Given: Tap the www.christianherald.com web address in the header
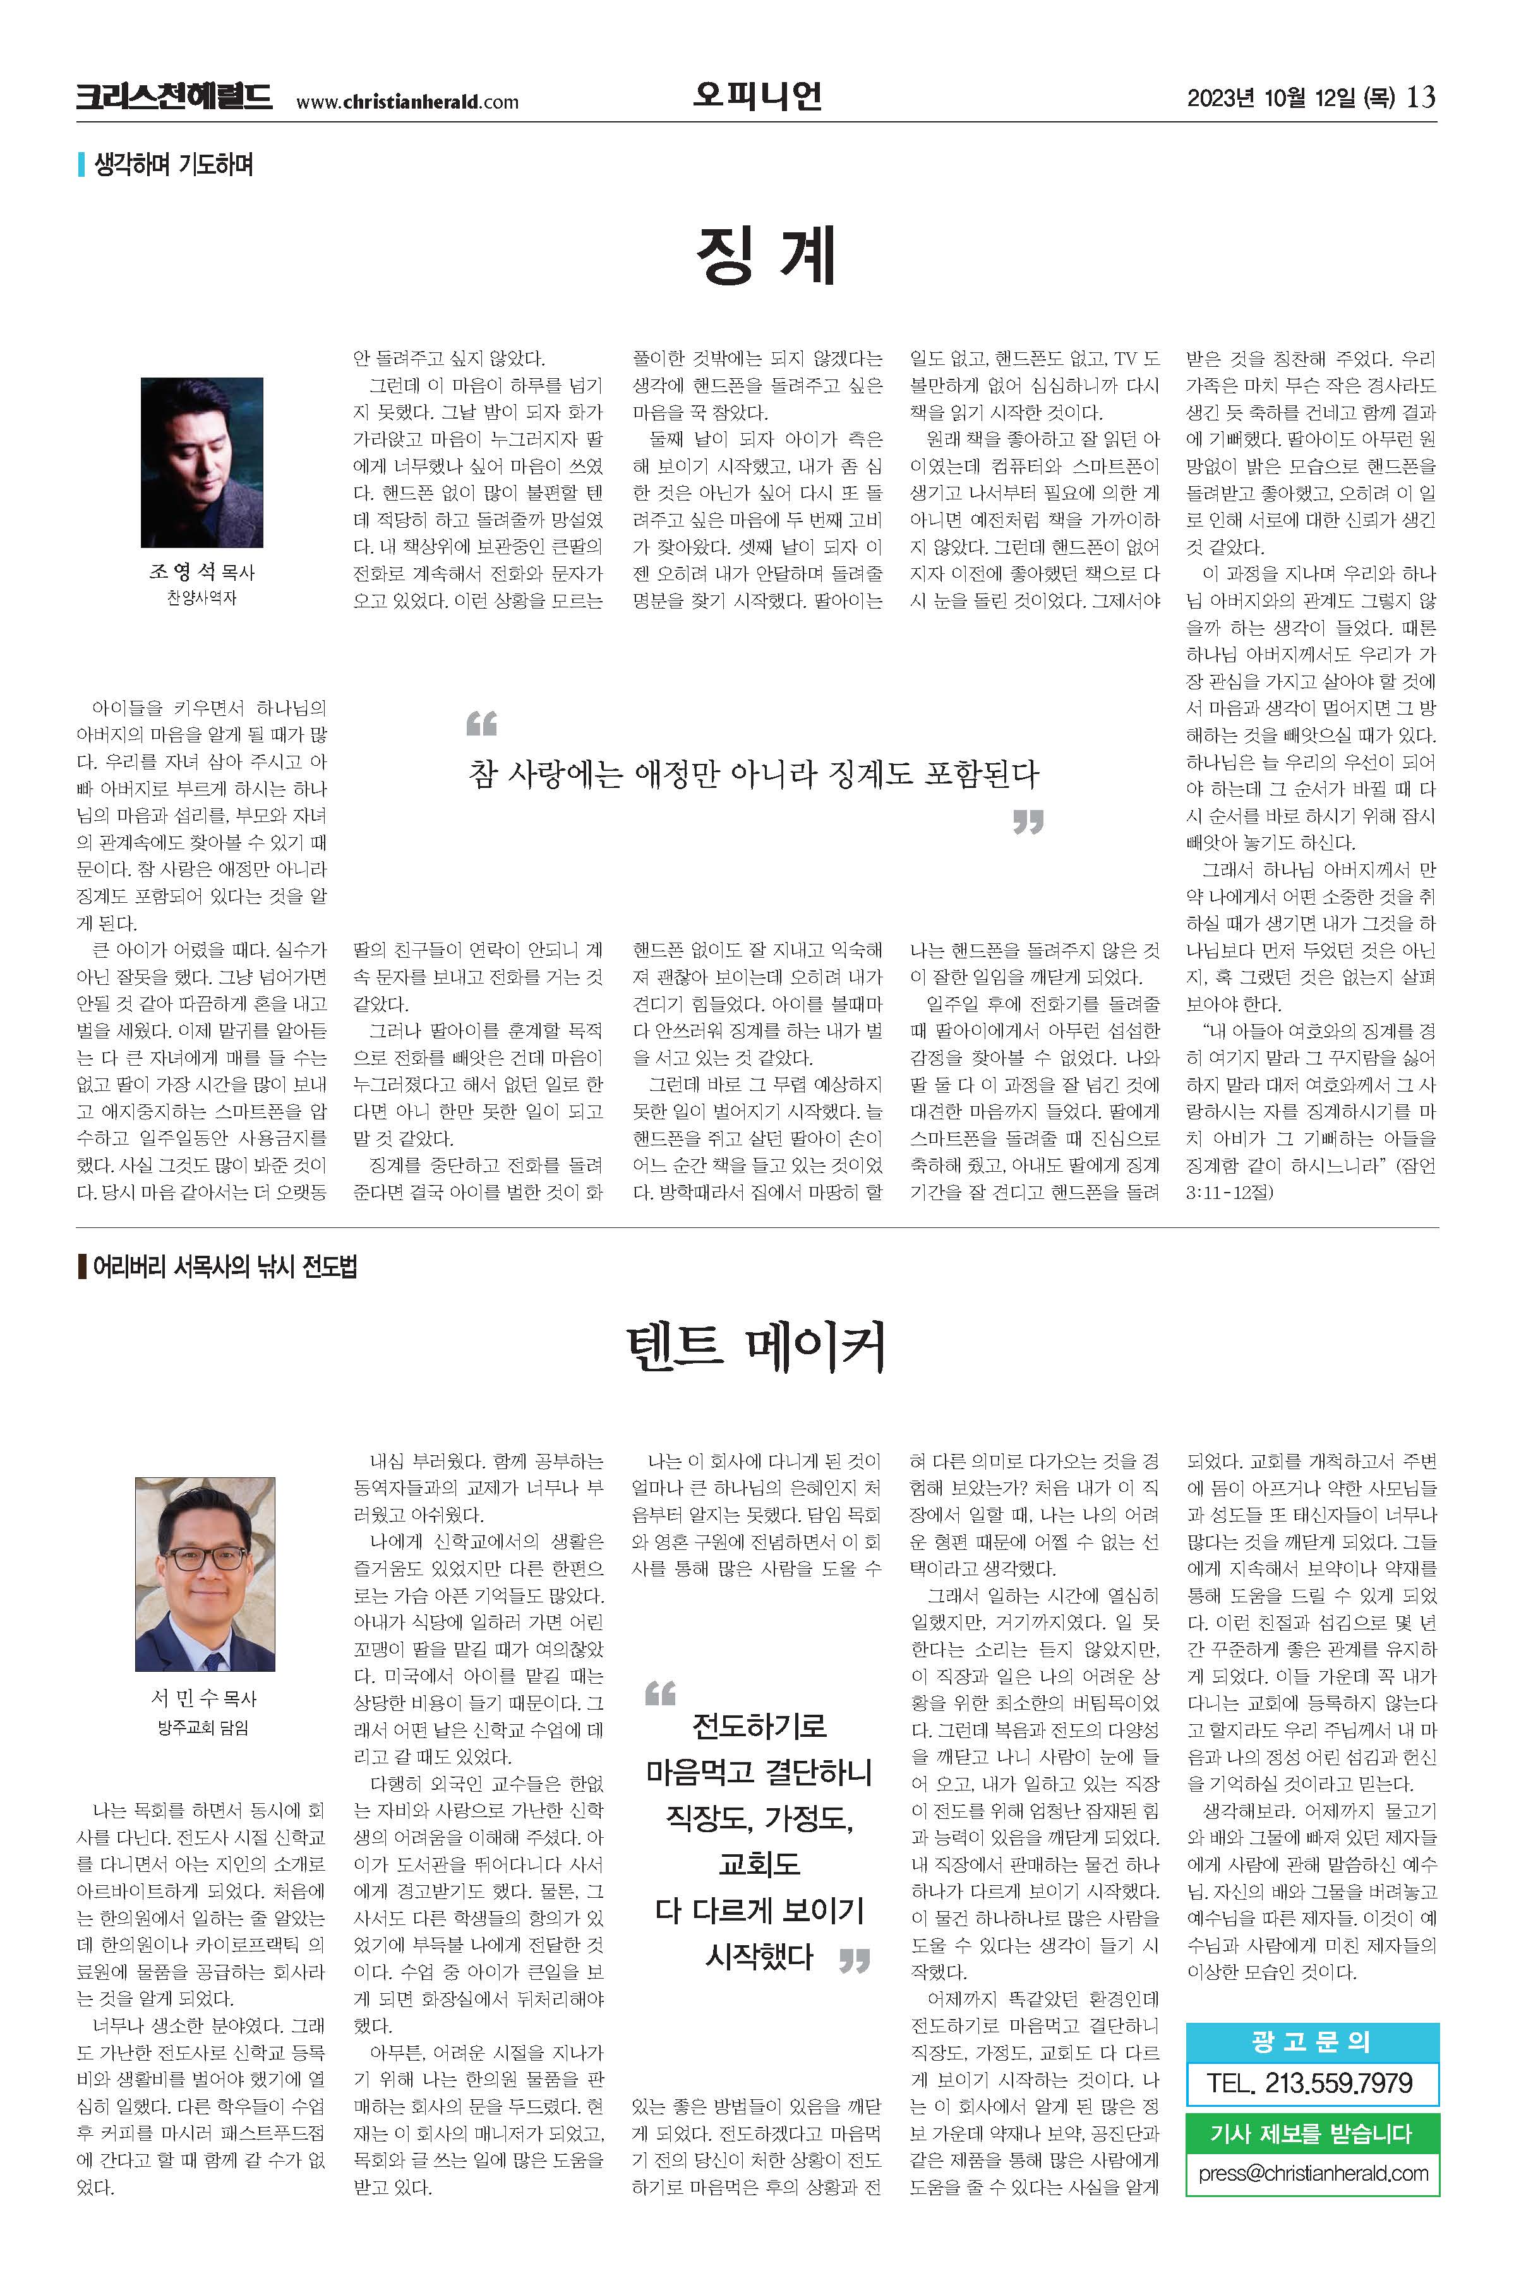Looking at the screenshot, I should point(407,102).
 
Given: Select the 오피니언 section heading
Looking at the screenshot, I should point(757,95).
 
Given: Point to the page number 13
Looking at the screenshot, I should point(1421,97).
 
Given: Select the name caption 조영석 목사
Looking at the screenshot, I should point(201,573).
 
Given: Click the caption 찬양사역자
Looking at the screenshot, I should point(201,599).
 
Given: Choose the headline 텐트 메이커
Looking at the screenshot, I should point(756,1349).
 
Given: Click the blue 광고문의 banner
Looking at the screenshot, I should point(1311,2041).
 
